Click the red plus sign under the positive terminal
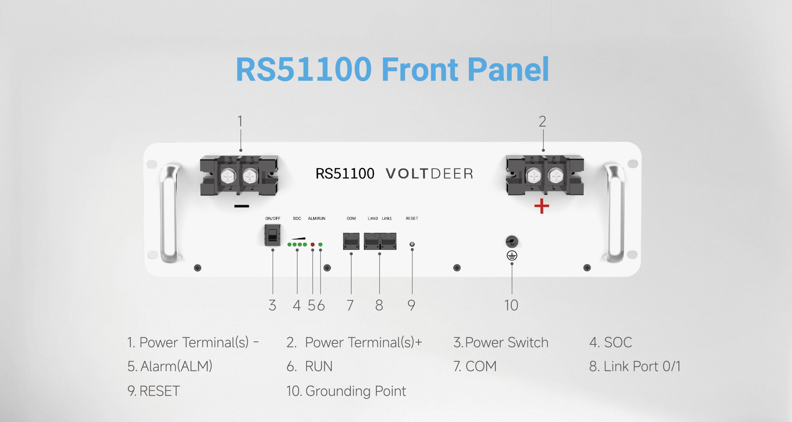tap(541, 206)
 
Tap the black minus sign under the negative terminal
tap(242, 206)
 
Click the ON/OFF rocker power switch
tap(272, 235)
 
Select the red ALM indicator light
tap(312, 245)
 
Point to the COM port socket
tap(351, 241)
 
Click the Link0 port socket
tap(372, 241)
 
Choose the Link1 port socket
tap(388, 241)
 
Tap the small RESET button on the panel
tap(412, 244)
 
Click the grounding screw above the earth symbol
tap(512, 242)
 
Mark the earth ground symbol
tap(512, 255)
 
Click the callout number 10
tap(511, 305)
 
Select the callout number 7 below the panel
tap(350, 305)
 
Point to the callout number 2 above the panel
tap(542, 121)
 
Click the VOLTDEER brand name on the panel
tap(429, 174)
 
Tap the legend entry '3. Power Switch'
tap(501, 342)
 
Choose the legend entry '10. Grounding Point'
tap(346, 391)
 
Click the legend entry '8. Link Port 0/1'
tap(635, 366)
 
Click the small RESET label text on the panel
tap(412, 218)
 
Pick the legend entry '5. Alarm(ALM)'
tap(170, 366)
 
